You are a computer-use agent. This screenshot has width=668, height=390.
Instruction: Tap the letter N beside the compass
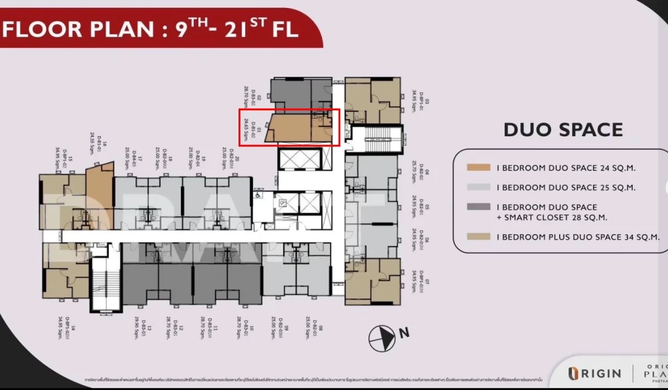403,332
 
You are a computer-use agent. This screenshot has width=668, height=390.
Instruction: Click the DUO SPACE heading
563,130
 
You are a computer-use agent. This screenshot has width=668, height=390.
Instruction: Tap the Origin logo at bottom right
595,373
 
